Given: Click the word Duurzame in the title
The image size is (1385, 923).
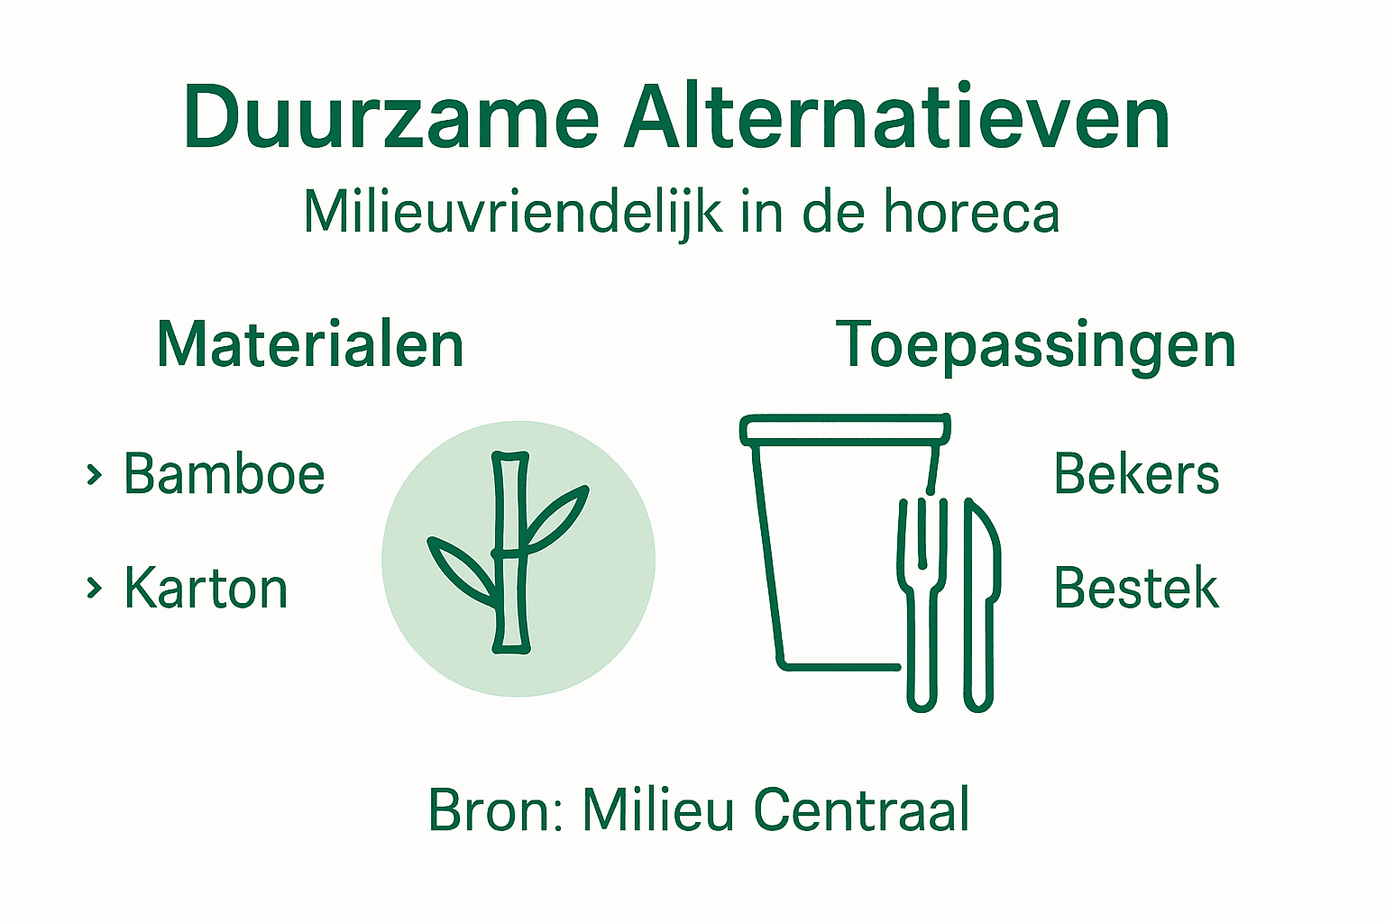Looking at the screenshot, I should pyautogui.click(x=390, y=119).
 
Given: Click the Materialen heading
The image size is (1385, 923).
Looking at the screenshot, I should pyautogui.click(x=310, y=345).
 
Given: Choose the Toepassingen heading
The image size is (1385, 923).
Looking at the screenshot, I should pyautogui.click(x=1035, y=345).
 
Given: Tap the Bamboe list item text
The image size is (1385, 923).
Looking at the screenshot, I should pyautogui.click(x=224, y=474).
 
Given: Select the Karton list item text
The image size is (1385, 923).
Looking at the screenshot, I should pyautogui.click(x=206, y=589).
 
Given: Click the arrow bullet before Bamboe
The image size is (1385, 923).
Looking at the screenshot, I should pyautogui.click(x=93, y=474).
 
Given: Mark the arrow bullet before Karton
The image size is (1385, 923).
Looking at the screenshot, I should pyautogui.click(x=93, y=589).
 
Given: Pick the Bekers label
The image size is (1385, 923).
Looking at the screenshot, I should pyautogui.click(x=1136, y=474).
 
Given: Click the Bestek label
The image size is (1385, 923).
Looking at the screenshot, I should pyautogui.click(x=1136, y=589).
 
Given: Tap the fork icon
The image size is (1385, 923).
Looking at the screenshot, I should pyautogui.click(x=922, y=604).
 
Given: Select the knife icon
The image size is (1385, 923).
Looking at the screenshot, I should pyautogui.click(x=980, y=604).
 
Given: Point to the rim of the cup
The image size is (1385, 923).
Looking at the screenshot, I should pyautogui.click(x=844, y=430).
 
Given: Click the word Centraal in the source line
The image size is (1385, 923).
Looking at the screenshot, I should pyautogui.click(x=861, y=809).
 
